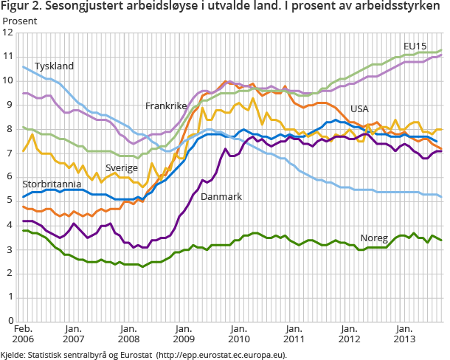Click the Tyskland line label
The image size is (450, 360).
point(55,66)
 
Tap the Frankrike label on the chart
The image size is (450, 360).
point(166,106)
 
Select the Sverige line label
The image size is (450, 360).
point(122,167)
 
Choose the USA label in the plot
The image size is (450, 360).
point(359,108)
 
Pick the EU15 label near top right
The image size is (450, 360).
point(415,46)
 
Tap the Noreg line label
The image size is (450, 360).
point(374,238)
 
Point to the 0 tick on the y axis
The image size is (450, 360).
point(10,320)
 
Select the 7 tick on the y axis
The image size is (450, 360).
point(10,153)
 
